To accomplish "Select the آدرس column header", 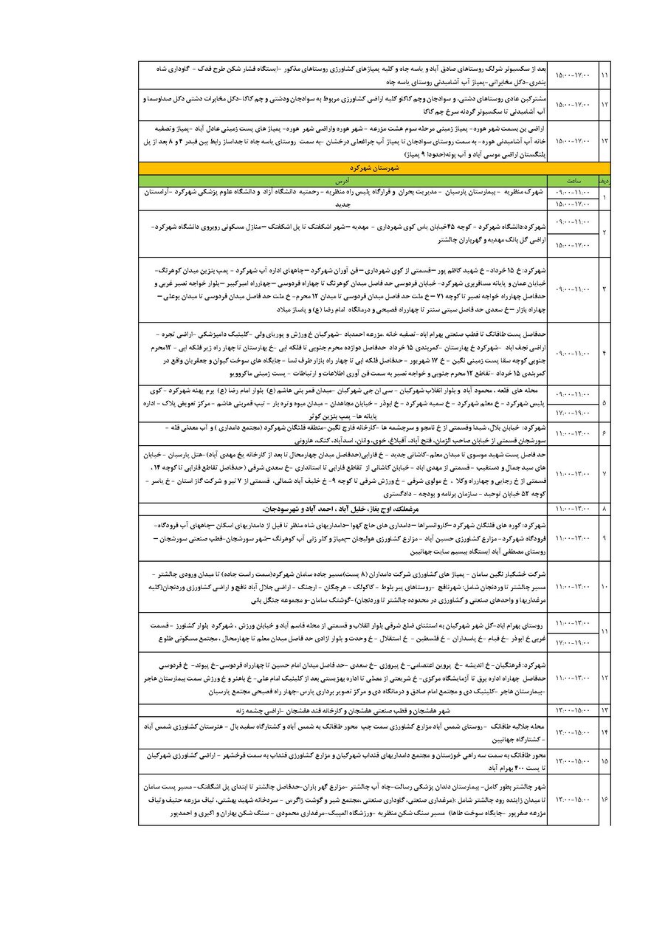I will point(341,179).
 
